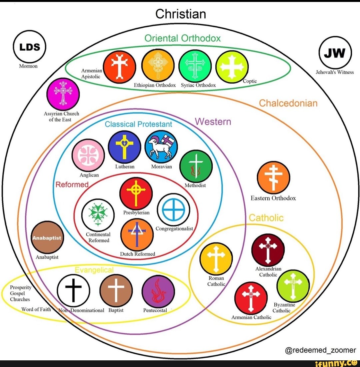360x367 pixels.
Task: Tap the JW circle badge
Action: (x=335, y=53)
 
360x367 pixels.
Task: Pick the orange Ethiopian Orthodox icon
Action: (x=158, y=66)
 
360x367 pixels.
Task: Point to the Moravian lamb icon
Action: (x=161, y=147)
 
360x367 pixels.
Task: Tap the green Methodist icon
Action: (x=196, y=166)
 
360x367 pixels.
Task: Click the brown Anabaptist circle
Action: (x=47, y=237)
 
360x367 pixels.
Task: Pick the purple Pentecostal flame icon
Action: (x=158, y=292)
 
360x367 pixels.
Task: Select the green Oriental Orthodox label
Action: (x=182, y=38)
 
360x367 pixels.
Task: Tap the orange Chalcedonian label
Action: (x=288, y=103)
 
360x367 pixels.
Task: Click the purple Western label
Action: (x=213, y=122)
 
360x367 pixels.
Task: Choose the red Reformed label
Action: (x=72, y=184)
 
